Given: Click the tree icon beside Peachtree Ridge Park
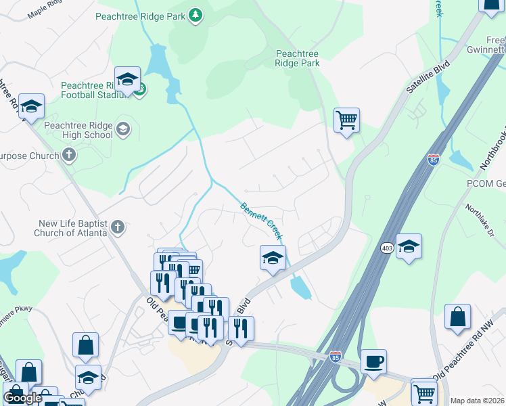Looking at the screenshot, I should (195, 15).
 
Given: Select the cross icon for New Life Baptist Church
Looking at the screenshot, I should (118, 227).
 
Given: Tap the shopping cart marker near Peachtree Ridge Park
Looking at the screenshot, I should (347, 121).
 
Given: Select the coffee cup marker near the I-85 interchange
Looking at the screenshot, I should (373, 361).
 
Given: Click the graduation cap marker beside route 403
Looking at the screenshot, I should (409, 246).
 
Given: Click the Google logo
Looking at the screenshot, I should (22, 398).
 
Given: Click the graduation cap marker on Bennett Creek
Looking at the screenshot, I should (273, 257).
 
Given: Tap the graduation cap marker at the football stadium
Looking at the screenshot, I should (127, 80).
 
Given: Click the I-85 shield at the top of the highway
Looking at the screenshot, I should (434, 160).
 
